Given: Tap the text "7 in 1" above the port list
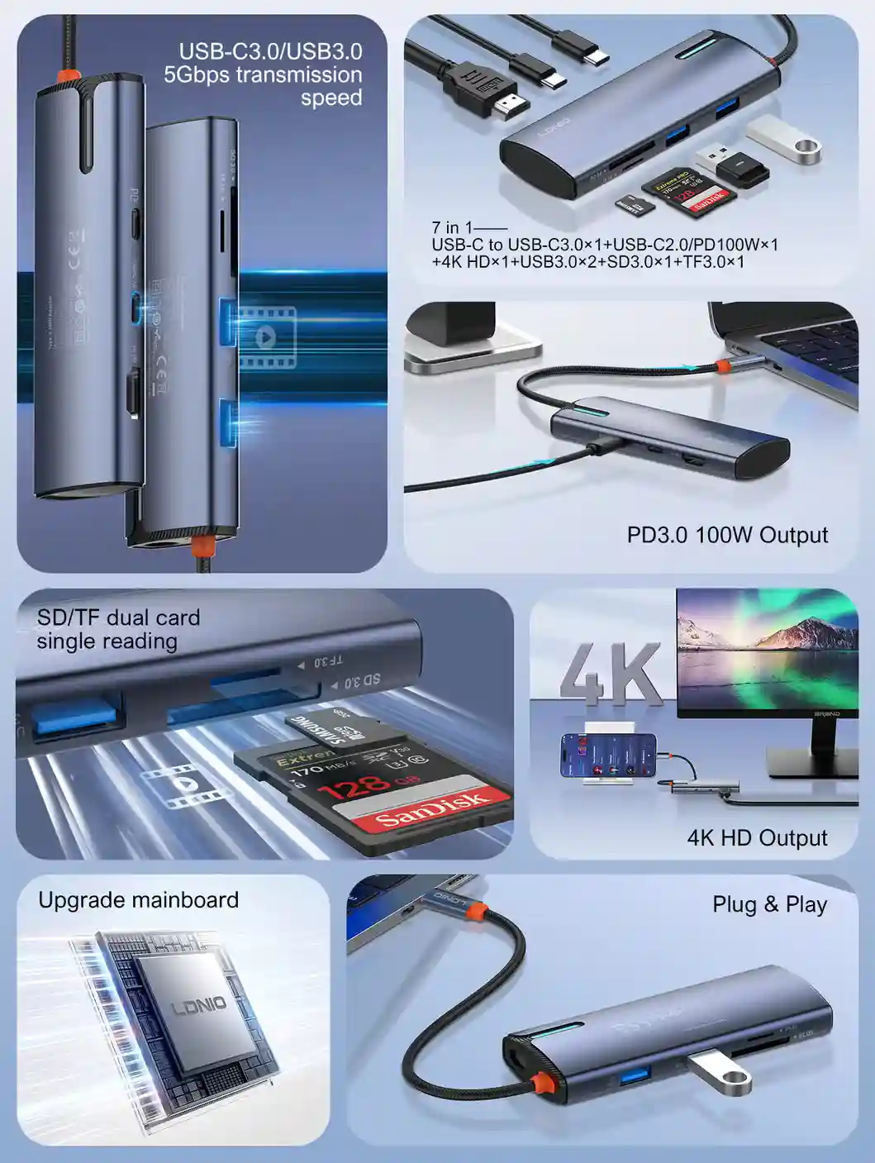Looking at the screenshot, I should tap(452, 227).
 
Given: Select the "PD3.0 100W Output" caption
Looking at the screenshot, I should tap(727, 535).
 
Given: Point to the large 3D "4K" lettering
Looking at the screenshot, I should tap(611, 674).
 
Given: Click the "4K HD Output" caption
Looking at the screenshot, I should tap(757, 838).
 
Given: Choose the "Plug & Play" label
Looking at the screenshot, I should tap(769, 904).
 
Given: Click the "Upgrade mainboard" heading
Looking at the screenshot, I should tap(138, 900).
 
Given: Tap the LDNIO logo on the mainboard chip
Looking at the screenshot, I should tap(198, 1006).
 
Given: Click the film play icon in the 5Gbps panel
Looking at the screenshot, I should tap(266, 337).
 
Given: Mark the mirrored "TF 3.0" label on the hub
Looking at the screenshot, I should tap(327, 661).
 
